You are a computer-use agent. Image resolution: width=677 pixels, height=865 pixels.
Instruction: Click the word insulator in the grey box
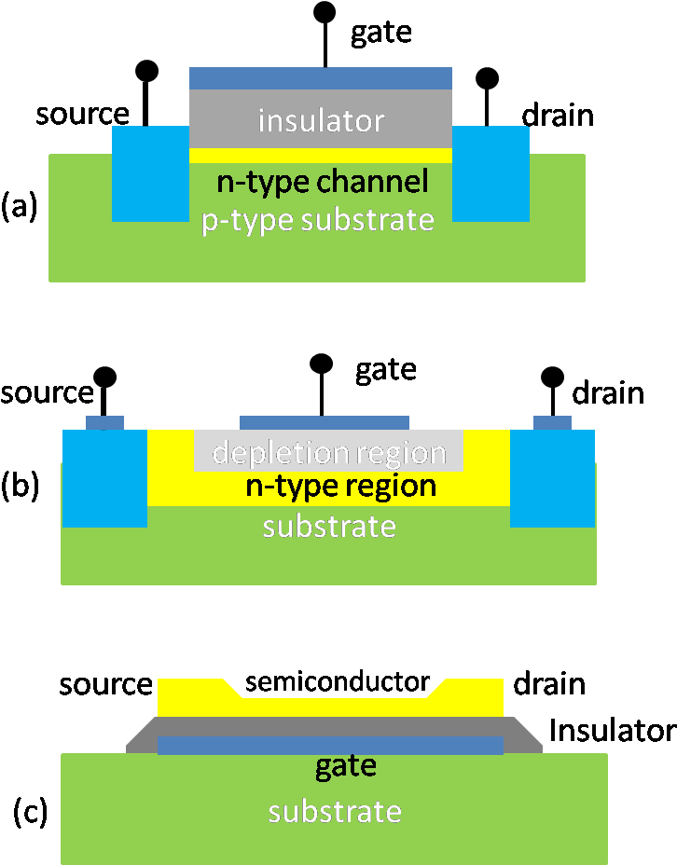[x=321, y=120]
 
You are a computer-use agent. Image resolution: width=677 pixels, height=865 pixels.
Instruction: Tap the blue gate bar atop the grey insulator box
[x=321, y=78]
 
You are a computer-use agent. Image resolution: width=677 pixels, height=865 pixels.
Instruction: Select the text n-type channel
[x=322, y=181]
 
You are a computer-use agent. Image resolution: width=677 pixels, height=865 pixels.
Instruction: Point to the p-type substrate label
[x=318, y=220]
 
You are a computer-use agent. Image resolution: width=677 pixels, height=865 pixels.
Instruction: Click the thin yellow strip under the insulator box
[x=321, y=156]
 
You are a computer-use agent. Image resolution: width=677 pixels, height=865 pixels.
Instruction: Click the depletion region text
[x=328, y=453]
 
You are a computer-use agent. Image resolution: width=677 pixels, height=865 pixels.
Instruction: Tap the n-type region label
[x=340, y=486]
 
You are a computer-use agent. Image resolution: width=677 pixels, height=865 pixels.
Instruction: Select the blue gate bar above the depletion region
[x=325, y=423]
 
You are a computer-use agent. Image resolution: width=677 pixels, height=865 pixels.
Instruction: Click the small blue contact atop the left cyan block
[x=104, y=422]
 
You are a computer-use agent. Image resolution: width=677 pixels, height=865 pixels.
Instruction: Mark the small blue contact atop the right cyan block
[x=552, y=422]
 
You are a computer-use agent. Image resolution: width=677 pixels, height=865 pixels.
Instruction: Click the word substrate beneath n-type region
[x=329, y=527]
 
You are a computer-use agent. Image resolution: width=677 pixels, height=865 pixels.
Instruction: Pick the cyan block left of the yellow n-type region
[x=104, y=478]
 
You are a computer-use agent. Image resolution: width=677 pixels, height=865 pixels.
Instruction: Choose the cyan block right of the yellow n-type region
[x=552, y=478]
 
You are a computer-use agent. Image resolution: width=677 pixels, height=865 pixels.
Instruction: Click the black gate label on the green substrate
[x=345, y=766]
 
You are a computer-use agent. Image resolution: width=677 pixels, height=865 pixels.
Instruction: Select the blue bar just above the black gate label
[x=331, y=745]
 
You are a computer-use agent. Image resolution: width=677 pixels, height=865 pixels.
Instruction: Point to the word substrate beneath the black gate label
[x=335, y=812]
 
